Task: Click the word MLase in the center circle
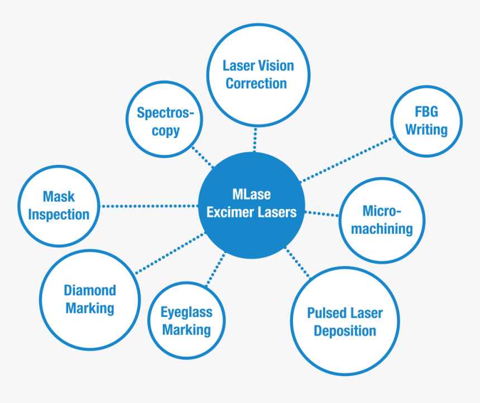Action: click(x=251, y=195)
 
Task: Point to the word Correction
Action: click(x=256, y=83)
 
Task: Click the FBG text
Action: click(x=426, y=112)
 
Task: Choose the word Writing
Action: click(x=426, y=130)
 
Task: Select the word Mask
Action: click(x=59, y=197)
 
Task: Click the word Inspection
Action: click(x=59, y=215)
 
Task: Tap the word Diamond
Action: click(x=90, y=290)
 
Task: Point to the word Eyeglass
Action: click(x=186, y=312)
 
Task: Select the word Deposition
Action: click(x=345, y=331)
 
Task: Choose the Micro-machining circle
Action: click(x=382, y=220)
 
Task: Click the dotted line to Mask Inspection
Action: click(x=150, y=206)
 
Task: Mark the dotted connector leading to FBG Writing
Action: click(x=346, y=159)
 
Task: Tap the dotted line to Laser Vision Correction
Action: click(x=256, y=140)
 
